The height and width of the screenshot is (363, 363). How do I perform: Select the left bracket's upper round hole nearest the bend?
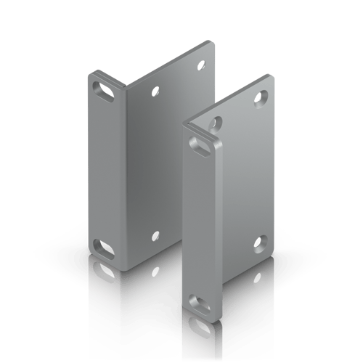pyautogui.click(x=155, y=92)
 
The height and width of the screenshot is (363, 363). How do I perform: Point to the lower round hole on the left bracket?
pyautogui.click(x=155, y=236)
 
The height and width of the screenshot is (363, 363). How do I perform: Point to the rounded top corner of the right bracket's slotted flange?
pyautogui.click(x=186, y=125)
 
